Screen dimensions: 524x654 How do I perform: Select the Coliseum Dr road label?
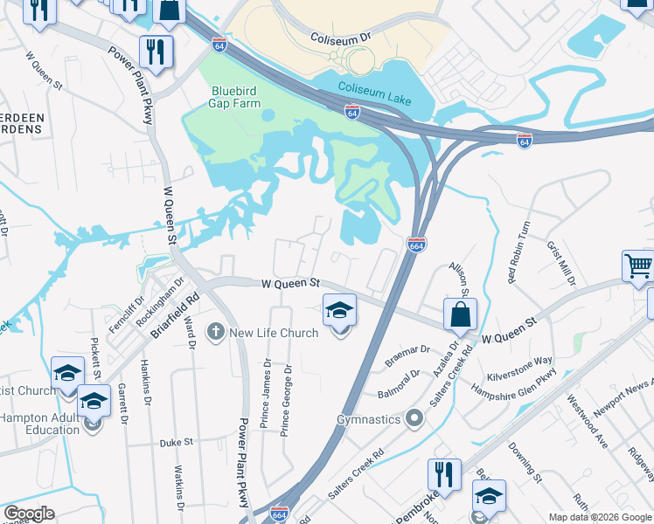tap(341, 38)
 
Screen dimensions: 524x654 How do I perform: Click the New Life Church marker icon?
tap(215, 332)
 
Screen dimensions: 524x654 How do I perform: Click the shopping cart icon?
tap(638, 265)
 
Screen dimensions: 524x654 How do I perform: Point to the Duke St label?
tap(177, 443)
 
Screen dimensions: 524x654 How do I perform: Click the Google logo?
tap(29, 514)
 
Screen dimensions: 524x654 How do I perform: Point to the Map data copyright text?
tap(599, 517)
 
